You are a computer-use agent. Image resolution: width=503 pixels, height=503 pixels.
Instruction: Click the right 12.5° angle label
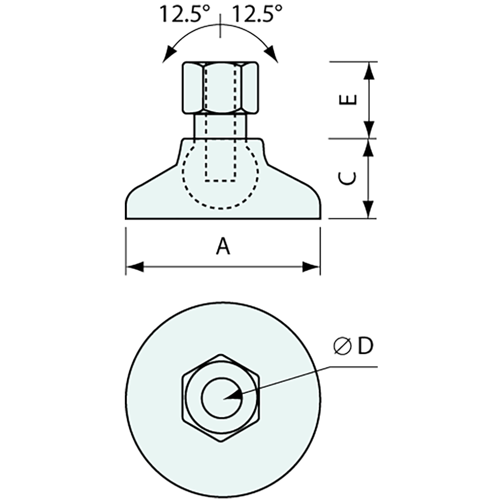tap(257, 15)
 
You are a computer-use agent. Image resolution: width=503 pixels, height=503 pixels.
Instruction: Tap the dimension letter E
tap(349, 100)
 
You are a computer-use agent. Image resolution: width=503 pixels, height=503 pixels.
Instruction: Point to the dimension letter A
tap(223, 247)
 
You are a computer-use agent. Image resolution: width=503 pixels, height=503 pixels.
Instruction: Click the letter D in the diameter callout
tap(365, 347)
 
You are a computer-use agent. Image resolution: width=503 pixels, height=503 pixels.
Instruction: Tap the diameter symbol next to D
tap(342, 347)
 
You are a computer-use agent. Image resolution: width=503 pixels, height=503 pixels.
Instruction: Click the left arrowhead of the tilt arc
tap(169, 54)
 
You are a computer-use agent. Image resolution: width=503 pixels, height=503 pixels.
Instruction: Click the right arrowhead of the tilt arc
tap(273, 54)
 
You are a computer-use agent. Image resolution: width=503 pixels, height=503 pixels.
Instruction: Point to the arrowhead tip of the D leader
tap(225, 398)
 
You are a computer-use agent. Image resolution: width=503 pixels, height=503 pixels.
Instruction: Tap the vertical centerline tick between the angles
tap(221, 25)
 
